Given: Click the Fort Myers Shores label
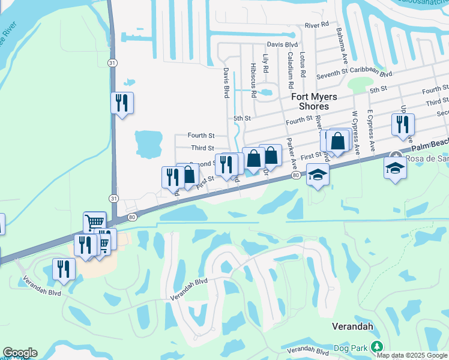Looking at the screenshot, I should click(314, 101).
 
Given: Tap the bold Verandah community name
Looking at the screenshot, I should click(353, 326).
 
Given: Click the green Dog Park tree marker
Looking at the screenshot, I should click(376, 346).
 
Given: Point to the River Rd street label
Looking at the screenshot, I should click(317, 25).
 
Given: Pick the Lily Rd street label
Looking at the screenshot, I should click(265, 63).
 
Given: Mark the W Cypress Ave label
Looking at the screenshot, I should click(356, 130).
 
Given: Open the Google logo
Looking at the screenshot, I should click(20, 353).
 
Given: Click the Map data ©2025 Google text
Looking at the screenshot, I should click(412, 355).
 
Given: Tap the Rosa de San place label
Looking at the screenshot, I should click(427, 158).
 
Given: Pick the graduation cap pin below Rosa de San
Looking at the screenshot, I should click(395, 169).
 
